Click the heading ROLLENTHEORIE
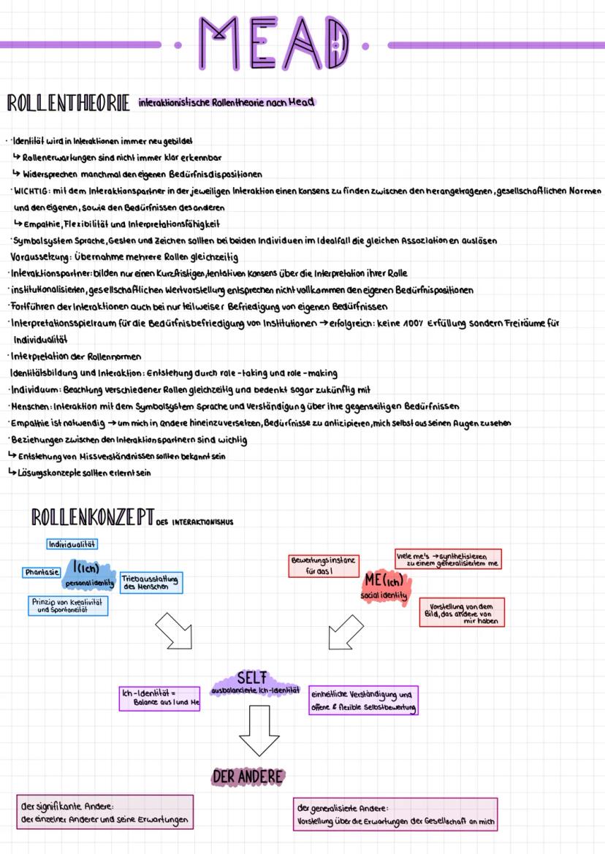(68, 104)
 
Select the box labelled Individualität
(72, 544)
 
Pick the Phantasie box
(42, 572)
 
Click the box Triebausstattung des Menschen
(151, 582)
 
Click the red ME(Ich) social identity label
(387, 586)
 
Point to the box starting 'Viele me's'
(447, 559)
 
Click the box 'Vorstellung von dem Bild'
(463, 612)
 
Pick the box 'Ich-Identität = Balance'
(159, 697)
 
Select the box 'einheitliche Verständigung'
(365, 700)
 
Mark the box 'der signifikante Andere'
(104, 812)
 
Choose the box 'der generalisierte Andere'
(395, 814)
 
